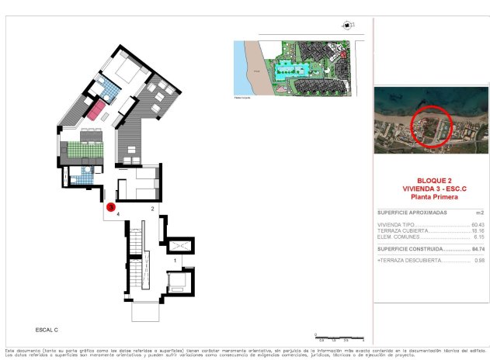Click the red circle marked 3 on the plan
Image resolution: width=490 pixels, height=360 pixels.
pos(111,207)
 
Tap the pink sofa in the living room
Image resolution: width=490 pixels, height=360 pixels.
pos(97,111)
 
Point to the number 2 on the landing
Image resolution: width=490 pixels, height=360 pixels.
pos(153,209)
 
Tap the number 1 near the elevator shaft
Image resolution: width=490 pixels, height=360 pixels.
pos(175,261)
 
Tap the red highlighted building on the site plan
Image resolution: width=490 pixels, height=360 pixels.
pos(342,54)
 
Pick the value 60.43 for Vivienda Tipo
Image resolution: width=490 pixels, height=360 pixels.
pos(478,225)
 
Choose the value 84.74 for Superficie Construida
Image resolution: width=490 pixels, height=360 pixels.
pos(478,249)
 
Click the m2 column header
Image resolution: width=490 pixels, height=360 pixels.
pos(479,212)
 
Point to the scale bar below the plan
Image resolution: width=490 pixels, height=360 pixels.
pos(340,335)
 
